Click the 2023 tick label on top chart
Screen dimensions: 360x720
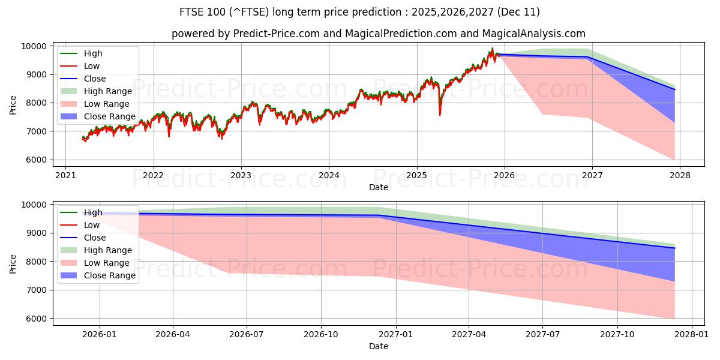pos(241,176)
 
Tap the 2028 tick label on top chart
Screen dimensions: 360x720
pos(680,176)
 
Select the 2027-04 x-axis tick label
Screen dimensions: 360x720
pos(469,334)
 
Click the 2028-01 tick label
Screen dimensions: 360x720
pos(692,334)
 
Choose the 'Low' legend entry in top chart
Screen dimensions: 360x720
pos(92,66)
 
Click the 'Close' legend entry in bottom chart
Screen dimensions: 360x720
pos(95,238)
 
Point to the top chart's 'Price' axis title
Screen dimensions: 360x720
pos(13,103)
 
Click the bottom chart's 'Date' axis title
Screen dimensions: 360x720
pos(378,346)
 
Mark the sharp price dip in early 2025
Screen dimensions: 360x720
pos(440,114)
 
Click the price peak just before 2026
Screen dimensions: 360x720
pos(493,48)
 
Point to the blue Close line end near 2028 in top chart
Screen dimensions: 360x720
pos(675,89)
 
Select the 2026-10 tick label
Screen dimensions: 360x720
pos(321,334)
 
